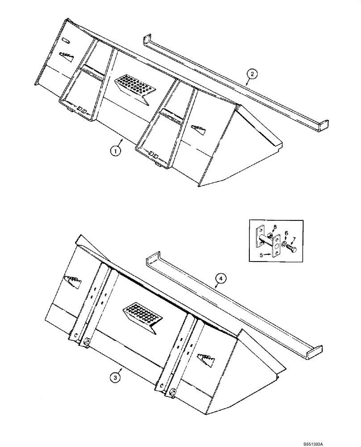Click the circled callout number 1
tap(115, 151)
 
